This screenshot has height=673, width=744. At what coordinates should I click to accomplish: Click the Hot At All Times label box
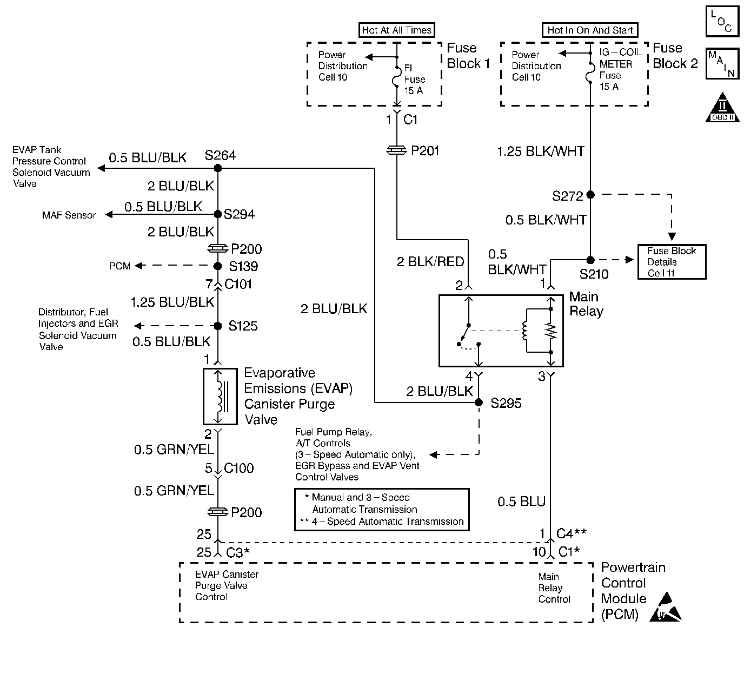click(x=397, y=30)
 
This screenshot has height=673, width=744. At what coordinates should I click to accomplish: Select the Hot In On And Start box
click(x=590, y=30)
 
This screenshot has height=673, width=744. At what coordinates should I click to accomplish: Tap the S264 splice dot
click(x=218, y=168)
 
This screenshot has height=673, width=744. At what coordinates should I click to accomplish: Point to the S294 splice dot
click(x=218, y=214)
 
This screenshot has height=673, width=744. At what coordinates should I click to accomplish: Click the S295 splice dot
click(x=479, y=403)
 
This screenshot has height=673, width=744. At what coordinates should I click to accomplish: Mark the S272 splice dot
click(x=590, y=194)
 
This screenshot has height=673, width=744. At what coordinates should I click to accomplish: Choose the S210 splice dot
click(x=590, y=260)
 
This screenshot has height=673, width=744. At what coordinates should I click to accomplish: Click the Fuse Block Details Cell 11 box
click(x=672, y=262)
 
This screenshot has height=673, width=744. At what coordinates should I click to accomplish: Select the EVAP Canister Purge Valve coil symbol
click(x=220, y=397)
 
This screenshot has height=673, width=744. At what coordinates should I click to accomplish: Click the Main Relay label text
click(x=586, y=304)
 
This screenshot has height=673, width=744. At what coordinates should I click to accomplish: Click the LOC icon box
click(x=722, y=22)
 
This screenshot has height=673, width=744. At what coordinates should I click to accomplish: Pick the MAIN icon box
click(x=722, y=63)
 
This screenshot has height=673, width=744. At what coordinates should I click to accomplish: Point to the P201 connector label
click(x=425, y=151)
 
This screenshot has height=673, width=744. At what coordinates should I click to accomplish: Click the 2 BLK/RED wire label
click(x=430, y=262)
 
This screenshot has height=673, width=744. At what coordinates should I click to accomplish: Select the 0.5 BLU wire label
click(x=521, y=502)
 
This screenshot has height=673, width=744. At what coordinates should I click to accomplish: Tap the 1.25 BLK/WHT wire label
click(x=541, y=151)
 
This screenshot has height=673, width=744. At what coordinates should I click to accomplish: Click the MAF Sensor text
click(x=69, y=215)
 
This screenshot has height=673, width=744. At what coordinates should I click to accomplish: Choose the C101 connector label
click(x=238, y=284)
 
